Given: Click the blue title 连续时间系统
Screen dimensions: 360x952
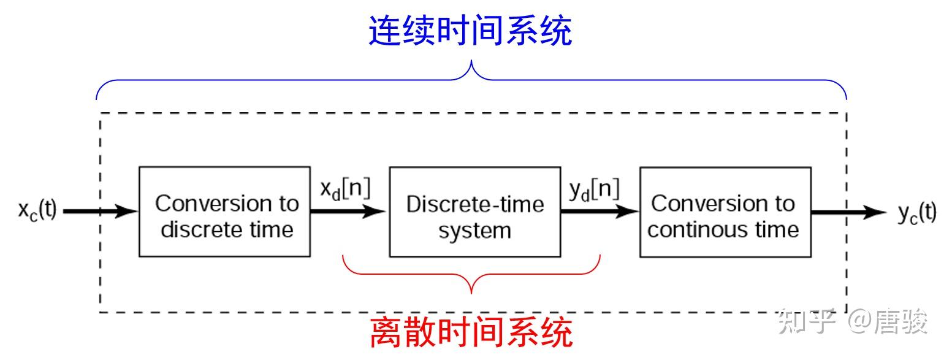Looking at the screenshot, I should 470,31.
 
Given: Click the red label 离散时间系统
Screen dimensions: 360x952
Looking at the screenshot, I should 471,332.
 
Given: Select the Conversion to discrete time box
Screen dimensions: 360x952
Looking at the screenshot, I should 224,212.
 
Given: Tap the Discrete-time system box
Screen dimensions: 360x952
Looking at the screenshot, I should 474,212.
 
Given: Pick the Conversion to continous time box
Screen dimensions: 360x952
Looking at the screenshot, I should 725,212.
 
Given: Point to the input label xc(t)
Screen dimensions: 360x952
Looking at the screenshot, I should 37,212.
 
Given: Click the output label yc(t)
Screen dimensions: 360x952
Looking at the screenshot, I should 917,213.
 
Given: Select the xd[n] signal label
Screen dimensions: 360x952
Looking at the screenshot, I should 345,190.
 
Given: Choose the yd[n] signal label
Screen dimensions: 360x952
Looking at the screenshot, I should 594,190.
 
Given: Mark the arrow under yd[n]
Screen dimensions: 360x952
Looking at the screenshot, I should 598,212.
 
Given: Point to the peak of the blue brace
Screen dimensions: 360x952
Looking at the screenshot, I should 471,63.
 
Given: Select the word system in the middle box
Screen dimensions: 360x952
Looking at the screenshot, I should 474,231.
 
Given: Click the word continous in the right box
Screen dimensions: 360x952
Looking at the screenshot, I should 685,230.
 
